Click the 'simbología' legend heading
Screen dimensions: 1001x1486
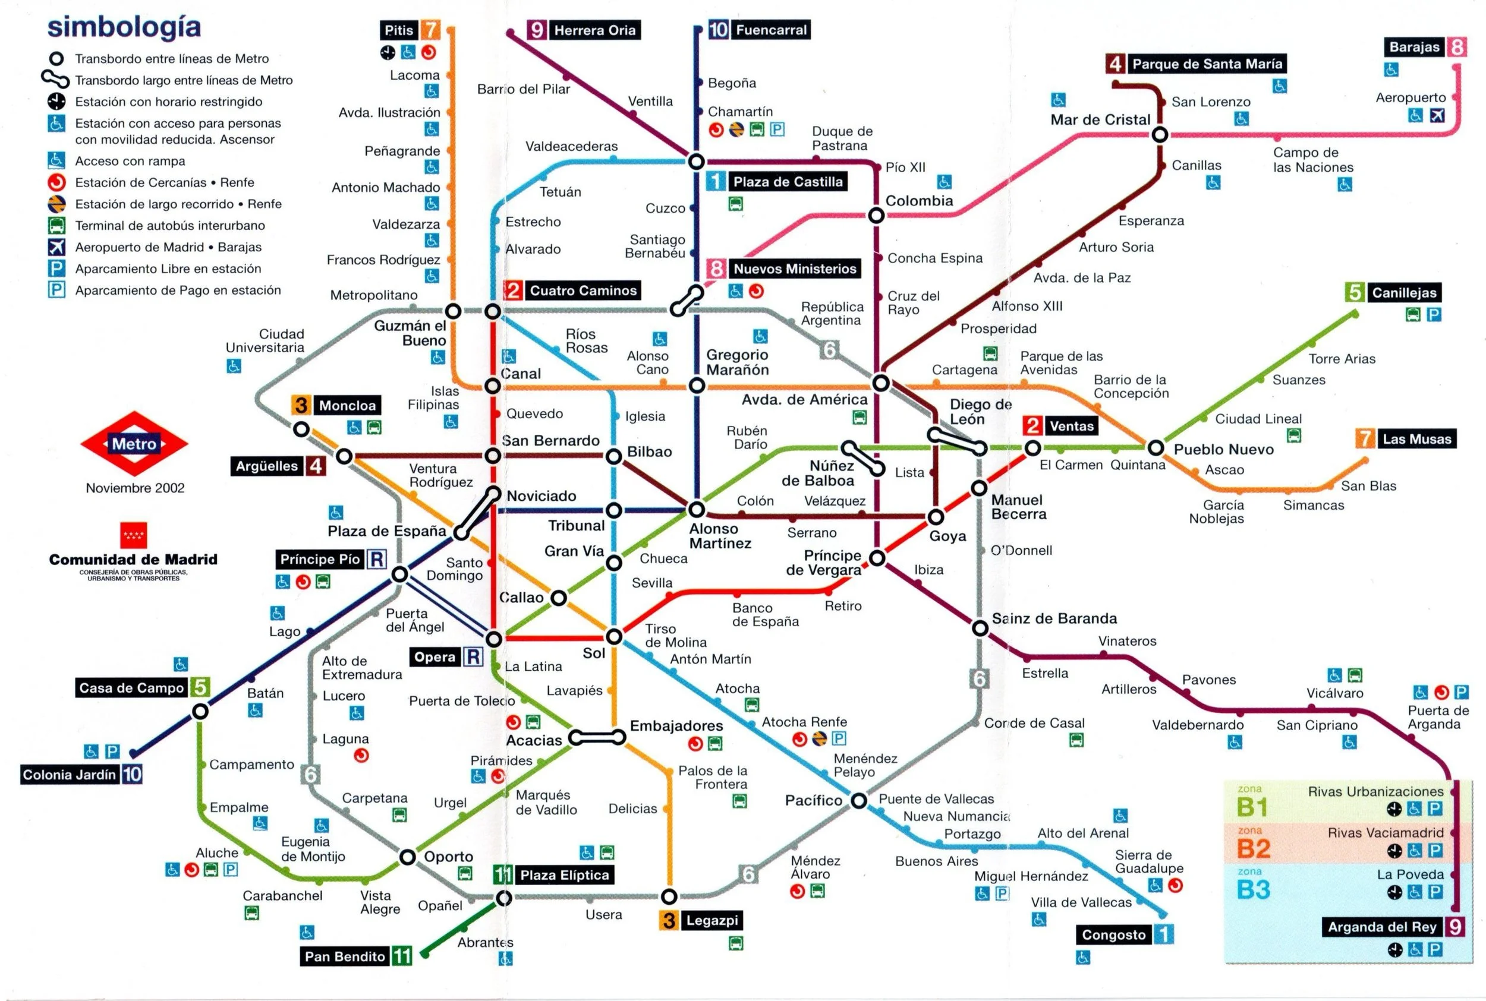click(x=124, y=27)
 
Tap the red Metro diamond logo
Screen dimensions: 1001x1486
click(x=134, y=444)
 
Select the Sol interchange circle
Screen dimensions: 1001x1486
click(x=613, y=636)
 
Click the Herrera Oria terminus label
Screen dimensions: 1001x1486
click(x=594, y=30)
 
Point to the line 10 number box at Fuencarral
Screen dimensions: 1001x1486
click(x=718, y=30)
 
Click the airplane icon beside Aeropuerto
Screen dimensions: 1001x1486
click(x=1436, y=116)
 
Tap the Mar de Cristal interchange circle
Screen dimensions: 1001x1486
click(x=1160, y=135)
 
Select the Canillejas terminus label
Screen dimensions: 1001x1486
click(x=1403, y=292)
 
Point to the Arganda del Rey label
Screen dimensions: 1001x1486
click(x=1382, y=926)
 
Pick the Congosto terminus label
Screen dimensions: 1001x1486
click(x=1113, y=934)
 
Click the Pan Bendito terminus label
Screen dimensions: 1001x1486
click(x=345, y=956)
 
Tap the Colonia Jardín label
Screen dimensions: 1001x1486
click(x=70, y=775)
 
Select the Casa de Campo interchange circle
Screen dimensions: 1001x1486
click(x=200, y=711)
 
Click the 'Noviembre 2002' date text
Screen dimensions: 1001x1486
click(x=136, y=488)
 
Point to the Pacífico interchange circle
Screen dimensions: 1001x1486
click(x=859, y=800)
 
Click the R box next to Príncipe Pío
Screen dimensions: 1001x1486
click(x=377, y=559)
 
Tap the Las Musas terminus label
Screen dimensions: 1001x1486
click(x=1416, y=438)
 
